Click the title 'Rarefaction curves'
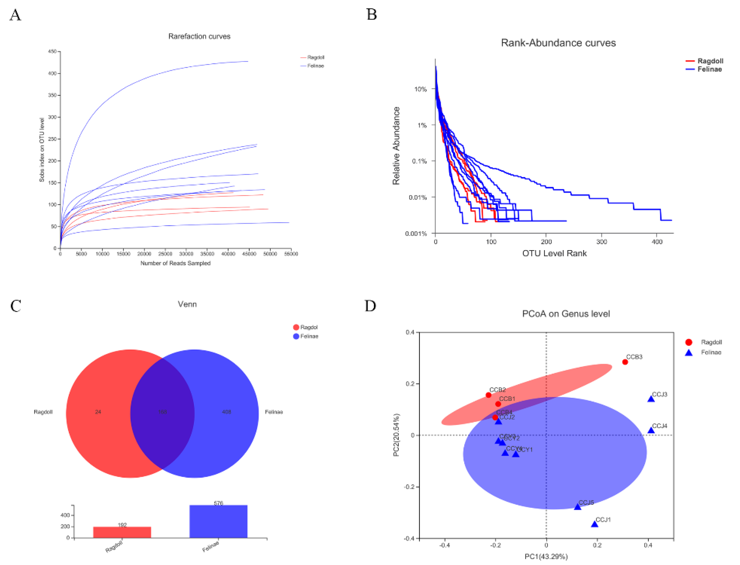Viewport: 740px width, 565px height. (x=199, y=36)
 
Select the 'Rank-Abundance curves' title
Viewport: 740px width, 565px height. (x=558, y=43)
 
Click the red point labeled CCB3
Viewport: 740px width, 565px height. (x=625, y=362)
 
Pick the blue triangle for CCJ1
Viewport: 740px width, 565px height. (x=594, y=524)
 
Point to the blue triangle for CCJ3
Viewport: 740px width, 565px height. (x=651, y=399)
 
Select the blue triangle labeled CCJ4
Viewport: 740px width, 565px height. (x=651, y=430)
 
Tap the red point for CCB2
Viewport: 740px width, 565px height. (x=488, y=395)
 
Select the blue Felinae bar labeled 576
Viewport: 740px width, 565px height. (x=218, y=521)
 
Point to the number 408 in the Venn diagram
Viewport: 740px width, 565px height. (x=226, y=412)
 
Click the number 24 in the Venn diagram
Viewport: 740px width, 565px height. (x=98, y=412)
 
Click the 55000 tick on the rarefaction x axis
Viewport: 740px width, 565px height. (x=291, y=254)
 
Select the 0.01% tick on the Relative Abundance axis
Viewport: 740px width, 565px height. (x=418, y=197)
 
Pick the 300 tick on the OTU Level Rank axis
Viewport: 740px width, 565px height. (x=601, y=242)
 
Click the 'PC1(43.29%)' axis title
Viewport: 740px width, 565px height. (x=546, y=557)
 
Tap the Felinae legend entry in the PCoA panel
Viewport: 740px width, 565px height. (x=711, y=352)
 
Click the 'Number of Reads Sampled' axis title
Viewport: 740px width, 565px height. (x=175, y=263)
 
